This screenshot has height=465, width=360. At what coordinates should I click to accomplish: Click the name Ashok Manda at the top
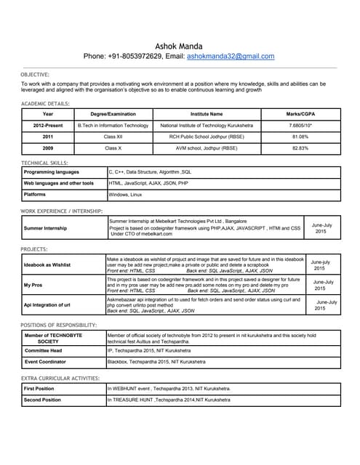pos(179,45)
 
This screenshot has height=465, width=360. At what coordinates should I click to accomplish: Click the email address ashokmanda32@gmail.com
pos(231,56)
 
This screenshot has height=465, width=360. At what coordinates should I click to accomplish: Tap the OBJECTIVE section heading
pos(35,74)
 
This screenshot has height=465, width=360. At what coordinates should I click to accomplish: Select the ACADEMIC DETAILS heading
pos(45,104)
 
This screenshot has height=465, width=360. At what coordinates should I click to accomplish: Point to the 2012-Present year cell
pos(48,125)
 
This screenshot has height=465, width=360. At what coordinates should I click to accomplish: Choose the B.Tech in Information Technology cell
pos(113,125)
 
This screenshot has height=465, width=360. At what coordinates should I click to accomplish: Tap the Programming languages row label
pos(52,172)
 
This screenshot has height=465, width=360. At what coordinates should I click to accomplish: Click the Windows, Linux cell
pos(126,195)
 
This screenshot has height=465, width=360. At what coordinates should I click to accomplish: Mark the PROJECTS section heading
pos(34,249)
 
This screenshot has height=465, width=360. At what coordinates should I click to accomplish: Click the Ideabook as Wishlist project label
pos(47,265)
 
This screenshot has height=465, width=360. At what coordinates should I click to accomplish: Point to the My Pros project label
pos(33,285)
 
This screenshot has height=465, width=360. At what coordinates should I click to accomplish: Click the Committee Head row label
pos(43,350)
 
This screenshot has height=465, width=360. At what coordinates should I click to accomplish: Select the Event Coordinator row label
pos(46,361)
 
